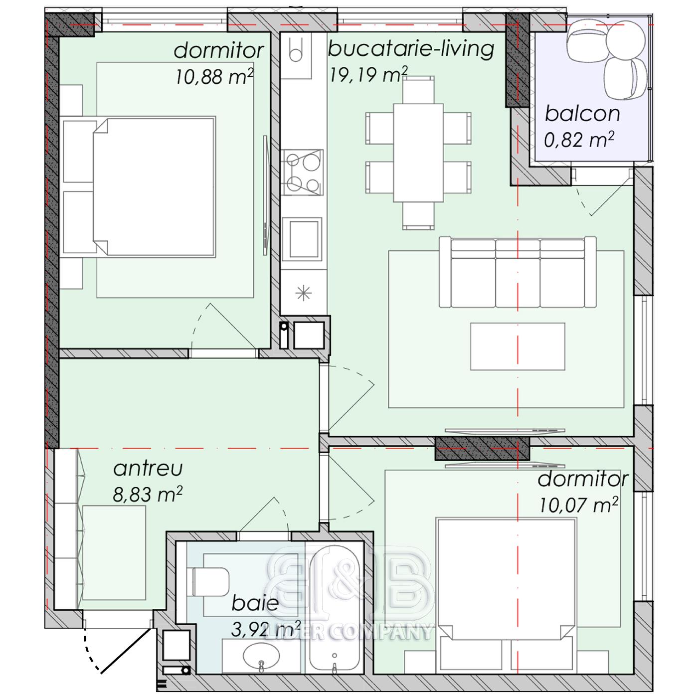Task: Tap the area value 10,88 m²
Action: [x=214, y=76]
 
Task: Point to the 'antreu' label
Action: [x=148, y=468]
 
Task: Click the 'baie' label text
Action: [x=255, y=603]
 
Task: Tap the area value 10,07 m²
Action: [x=579, y=505]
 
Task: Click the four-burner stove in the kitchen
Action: [x=303, y=172]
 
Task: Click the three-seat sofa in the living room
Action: [x=517, y=272]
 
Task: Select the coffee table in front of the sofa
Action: [x=518, y=347]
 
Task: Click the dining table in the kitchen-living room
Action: [x=418, y=153]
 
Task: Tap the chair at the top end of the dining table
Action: [x=418, y=90]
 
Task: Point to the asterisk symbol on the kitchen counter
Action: [x=304, y=293]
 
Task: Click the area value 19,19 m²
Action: [x=369, y=75]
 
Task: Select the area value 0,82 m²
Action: [x=579, y=140]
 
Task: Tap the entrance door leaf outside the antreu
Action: [x=126, y=651]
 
